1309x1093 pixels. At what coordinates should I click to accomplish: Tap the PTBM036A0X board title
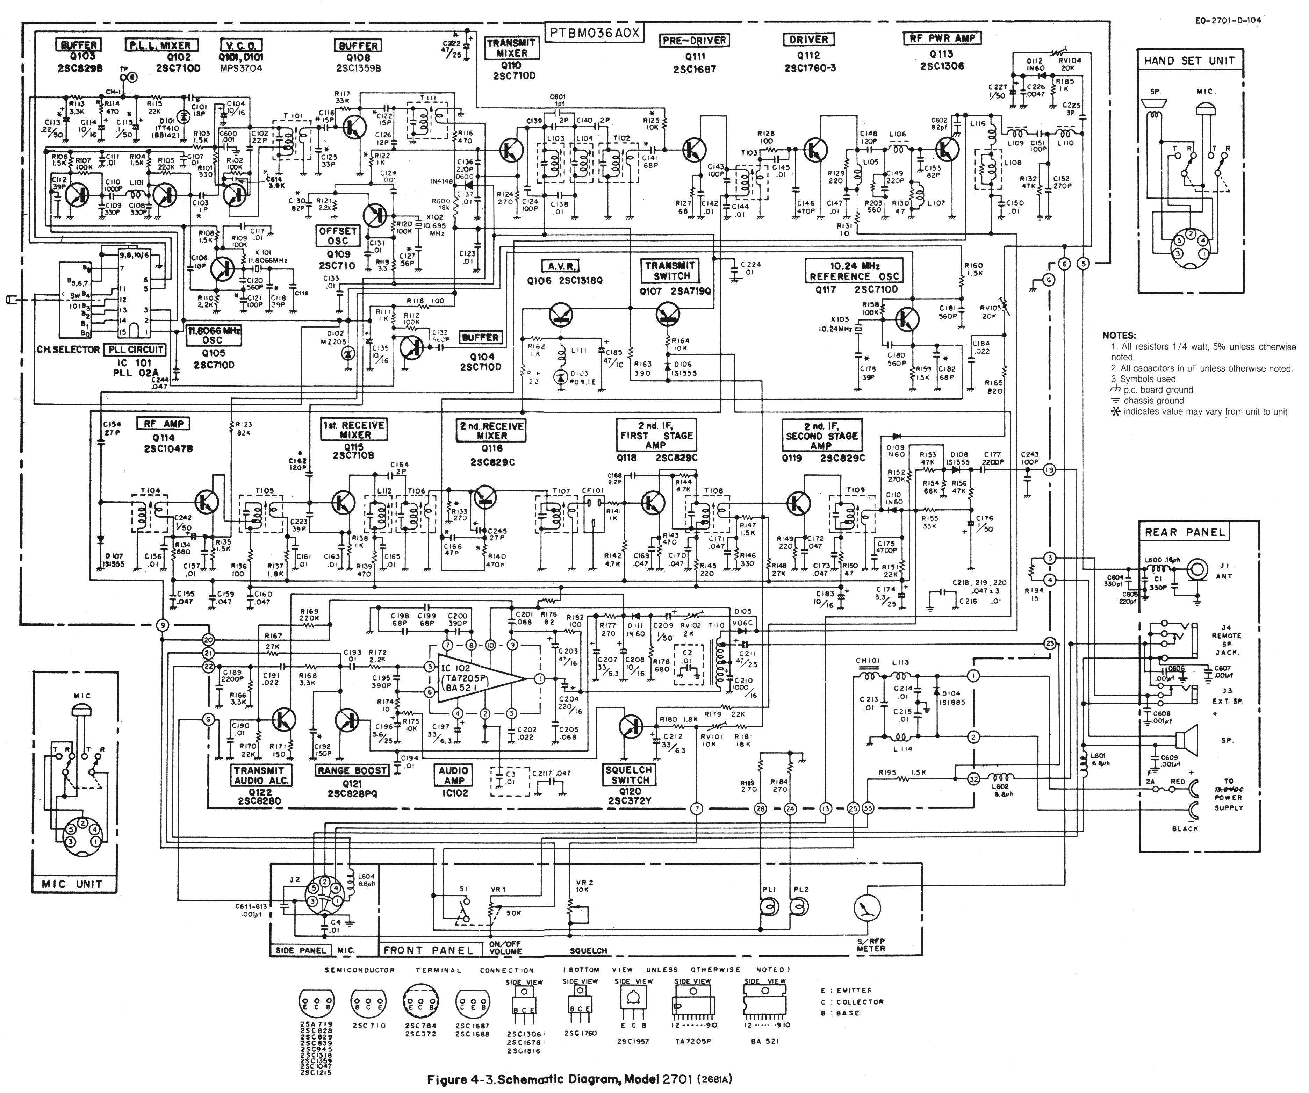(x=594, y=33)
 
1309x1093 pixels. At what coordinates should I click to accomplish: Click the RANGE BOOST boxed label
(x=352, y=771)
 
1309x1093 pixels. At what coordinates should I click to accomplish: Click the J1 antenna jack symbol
(x=1197, y=569)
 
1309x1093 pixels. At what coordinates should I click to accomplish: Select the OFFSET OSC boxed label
(x=338, y=236)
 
